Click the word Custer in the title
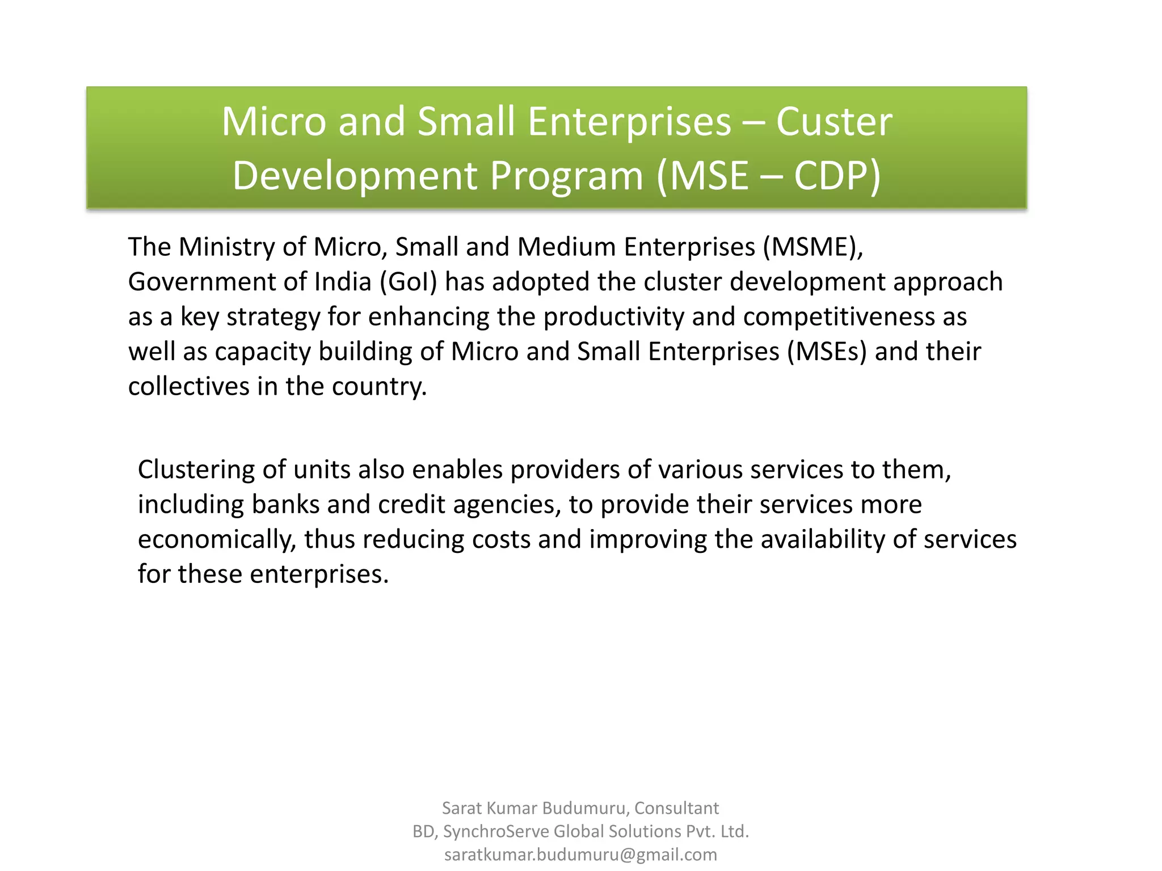point(833,122)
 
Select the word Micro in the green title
point(273,122)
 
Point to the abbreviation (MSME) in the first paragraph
point(812,247)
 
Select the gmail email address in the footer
point(580,855)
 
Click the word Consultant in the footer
point(676,808)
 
